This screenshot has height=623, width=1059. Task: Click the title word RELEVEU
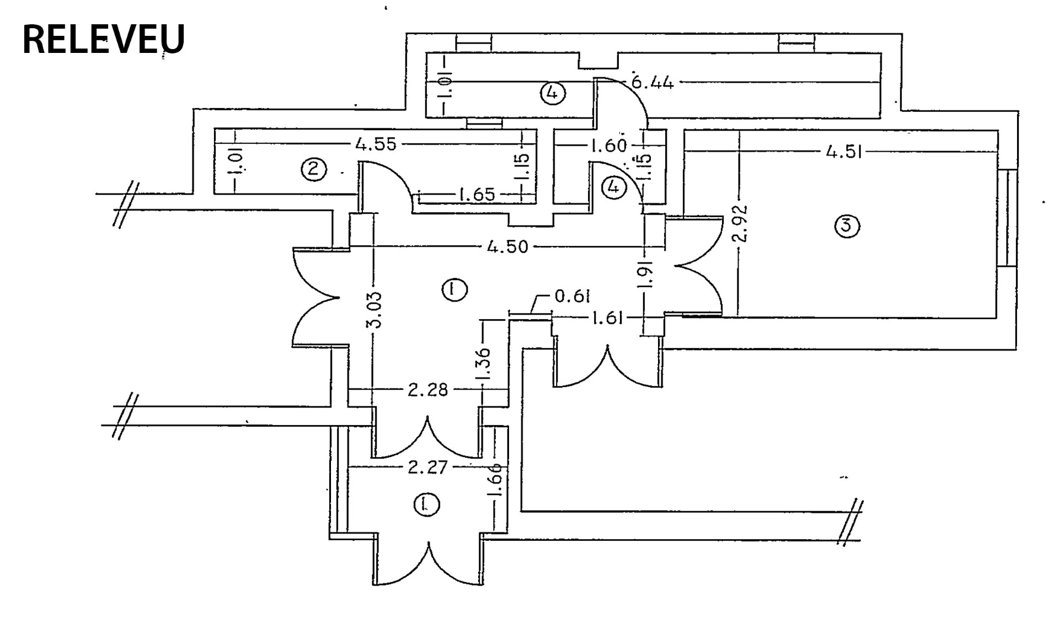tap(103, 40)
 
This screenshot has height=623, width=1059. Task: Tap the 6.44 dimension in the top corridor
tap(652, 83)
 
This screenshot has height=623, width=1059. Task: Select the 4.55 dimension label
tap(376, 144)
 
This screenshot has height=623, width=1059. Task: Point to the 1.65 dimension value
tap(477, 194)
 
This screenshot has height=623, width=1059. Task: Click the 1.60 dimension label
tap(608, 146)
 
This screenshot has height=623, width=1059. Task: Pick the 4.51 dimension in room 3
tap(844, 152)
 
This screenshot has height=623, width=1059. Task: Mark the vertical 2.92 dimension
tap(742, 223)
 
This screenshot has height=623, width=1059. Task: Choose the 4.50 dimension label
tap(507, 246)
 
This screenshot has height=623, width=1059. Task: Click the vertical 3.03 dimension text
tap(374, 310)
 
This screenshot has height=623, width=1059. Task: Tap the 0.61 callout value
tap(573, 297)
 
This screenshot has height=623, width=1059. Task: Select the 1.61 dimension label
tap(607, 318)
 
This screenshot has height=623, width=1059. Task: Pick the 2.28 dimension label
tap(428, 390)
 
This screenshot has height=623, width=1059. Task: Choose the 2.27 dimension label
tap(427, 468)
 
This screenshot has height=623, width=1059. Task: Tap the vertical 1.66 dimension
tap(495, 480)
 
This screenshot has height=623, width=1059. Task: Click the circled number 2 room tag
tap(313, 169)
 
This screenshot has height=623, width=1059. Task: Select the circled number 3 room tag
tap(847, 225)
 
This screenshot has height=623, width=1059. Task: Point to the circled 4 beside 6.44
tap(552, 93)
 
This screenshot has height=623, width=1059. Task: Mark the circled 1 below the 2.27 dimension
tap(426, 504)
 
